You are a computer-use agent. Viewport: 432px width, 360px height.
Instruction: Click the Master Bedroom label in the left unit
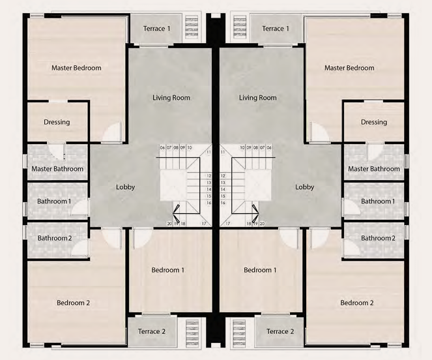tap(76, 68)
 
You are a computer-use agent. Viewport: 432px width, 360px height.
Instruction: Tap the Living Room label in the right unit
tap(257, 98)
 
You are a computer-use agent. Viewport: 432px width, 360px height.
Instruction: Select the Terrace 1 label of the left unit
tap(156, 29)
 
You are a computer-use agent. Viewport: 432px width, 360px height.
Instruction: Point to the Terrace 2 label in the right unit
tap(280, 331)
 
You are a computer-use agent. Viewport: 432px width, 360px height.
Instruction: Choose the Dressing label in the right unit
tap(374, 122)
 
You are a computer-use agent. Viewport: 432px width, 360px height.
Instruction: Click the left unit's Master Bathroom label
tap(57, 169)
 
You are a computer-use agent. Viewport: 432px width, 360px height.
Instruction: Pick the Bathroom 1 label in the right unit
tap(378, 202)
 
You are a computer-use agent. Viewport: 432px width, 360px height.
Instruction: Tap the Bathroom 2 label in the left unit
tap(55, 238)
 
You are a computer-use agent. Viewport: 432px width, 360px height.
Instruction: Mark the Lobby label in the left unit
tap(125, 187)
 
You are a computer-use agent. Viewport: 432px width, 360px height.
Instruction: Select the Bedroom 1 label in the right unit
tap(260, 270)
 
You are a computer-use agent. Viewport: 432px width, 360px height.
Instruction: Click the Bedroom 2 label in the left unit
tap(73, 303)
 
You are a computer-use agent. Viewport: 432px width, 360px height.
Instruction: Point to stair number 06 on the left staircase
tap(162, 148)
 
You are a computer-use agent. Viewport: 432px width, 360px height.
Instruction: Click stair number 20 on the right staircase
tap(262, 224)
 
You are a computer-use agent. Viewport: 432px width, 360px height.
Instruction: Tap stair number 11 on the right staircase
tap(223, 152)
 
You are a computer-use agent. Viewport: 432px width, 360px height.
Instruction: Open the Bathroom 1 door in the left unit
tap(80, 207)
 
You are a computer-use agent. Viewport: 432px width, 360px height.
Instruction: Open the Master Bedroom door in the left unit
tap(112, 132)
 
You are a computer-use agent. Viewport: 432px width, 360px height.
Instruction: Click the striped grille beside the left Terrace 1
tap(192, 27)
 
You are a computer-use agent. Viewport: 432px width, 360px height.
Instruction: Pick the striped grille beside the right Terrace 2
tap(239, 333)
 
